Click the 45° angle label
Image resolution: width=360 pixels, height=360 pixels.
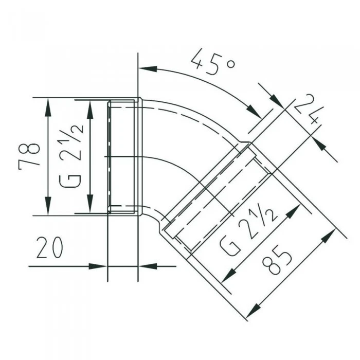pyautogui.click(x=213, y=62)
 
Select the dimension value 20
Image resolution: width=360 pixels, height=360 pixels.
pyautogui.click(x=49, y=247)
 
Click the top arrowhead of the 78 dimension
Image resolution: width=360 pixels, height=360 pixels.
pyautogui.click(x=48, y=105)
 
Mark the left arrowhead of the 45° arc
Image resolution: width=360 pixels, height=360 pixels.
pyautogui.click(x=148, y=69)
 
